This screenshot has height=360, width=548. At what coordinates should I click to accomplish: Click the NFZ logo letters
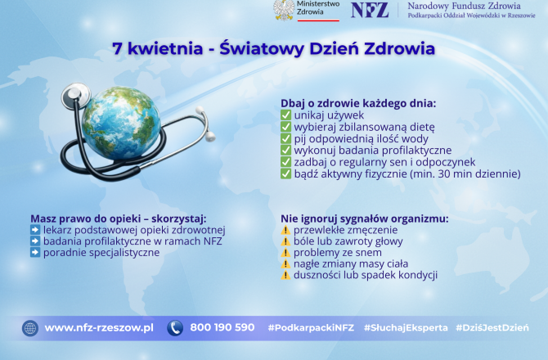(x=370, y=10)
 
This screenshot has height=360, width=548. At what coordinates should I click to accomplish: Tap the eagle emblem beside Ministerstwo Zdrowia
(x=284, y=10)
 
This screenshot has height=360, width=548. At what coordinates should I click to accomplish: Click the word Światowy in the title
(x=262, y=48)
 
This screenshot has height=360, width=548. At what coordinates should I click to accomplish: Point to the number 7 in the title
(x=117, y=48)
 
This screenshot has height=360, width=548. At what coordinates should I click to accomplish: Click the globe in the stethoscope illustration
(x=121, y=123)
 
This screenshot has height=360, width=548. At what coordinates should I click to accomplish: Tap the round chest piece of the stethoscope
(x=75, y=94)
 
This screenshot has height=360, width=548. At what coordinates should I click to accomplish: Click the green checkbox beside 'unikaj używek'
(x=285, y=115)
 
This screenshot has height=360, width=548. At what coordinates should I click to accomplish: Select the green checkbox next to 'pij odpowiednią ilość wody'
(x=285, y=138)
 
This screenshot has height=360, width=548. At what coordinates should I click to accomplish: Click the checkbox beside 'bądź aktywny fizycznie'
(x=285, y=173)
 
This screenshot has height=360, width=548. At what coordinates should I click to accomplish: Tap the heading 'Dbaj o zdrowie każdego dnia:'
(x=358, y=103)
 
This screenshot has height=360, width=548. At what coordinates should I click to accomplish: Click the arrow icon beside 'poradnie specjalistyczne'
(x=35, y=252)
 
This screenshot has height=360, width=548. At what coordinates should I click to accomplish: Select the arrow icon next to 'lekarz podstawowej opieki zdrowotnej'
(x=35, y=230)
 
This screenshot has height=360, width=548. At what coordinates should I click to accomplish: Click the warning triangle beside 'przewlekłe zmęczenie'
(x=285, y=230)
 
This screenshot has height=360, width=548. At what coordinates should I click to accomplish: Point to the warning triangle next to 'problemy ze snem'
(x=285, y=252)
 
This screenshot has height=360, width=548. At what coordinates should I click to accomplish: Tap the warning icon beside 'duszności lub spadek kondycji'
(x=285, y=275)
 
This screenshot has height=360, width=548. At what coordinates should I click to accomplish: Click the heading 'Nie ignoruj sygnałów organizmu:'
(x=365, y=218)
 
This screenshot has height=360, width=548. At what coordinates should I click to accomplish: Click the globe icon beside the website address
(x=30, y=328)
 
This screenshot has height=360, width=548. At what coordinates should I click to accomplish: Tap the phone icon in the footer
(x=175, y=328)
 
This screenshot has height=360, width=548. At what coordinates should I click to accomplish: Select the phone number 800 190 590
(x=222, y=327)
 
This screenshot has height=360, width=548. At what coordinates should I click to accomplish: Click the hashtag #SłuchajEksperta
(x=406, y=328)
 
